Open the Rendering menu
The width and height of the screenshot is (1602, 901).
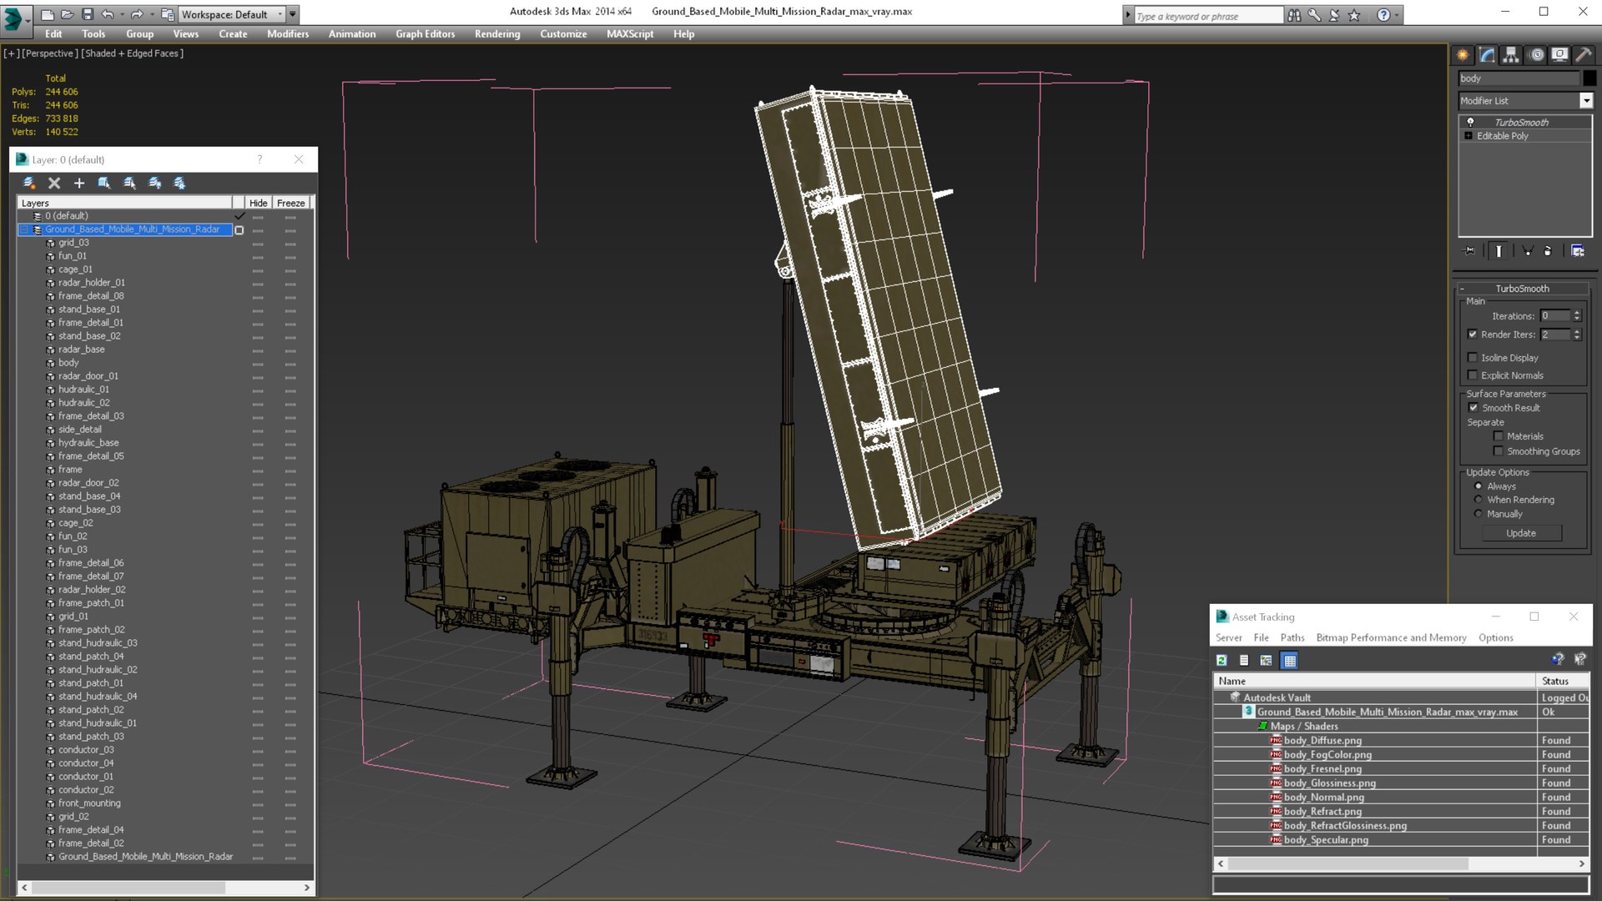(496, 34)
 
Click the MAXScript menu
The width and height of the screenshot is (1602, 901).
(629, 34)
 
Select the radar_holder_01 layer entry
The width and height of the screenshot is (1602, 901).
(91, 283)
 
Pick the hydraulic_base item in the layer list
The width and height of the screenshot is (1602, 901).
(88, 443)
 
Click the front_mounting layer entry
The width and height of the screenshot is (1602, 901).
(89, 803)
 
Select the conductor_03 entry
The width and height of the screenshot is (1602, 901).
(86, 750)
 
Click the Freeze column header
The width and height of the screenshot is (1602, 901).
(290, 203)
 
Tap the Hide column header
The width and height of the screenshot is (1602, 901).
(258, 203)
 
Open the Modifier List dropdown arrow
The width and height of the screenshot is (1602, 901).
(1585, 101)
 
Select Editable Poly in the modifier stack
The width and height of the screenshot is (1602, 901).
(1502, 136)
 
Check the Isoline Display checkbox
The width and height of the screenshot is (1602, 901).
(1473, 358)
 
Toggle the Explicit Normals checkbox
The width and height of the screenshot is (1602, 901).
(1473, 375)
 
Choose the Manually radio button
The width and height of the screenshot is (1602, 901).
(1479, 514)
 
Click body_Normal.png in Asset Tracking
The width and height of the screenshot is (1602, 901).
(1323, 798)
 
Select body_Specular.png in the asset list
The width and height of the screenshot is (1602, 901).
(1325, 840)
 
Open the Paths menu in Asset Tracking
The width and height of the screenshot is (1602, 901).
(1292, 638)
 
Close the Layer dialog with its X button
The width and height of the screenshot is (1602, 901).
(299, 159)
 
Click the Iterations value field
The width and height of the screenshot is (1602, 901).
(1554, 316)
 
